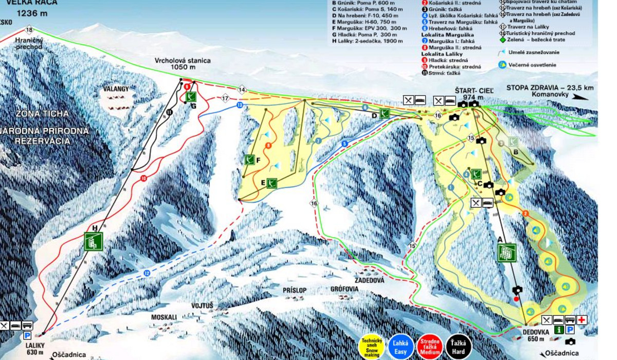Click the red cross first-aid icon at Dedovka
coord(582,320)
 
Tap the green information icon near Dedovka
coord(559,330)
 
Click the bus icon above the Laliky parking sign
coord(27,326)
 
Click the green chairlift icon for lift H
coord(94,241)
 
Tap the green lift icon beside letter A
coord(507,253)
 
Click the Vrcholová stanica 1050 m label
coord(183,64)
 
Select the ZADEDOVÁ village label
coord(369,280)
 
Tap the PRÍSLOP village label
coord(295,291)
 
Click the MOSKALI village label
coord(164,317)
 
